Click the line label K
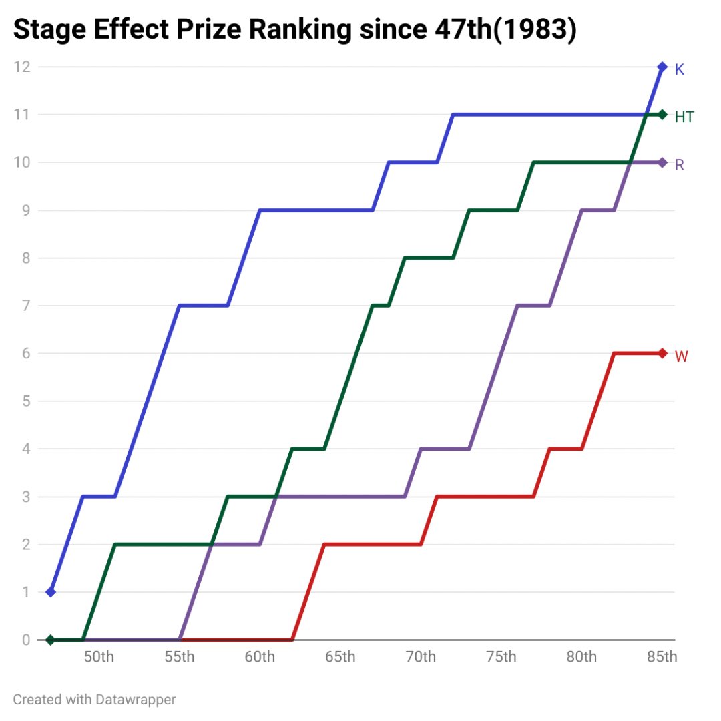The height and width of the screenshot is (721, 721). coord(679,69)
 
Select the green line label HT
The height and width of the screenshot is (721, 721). coord(684,117)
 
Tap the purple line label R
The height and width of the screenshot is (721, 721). coord(680,165)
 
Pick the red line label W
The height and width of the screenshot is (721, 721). coord(681,356)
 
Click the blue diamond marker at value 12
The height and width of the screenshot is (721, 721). coord(662,67)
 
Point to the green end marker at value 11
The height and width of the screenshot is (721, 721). coord(662,115)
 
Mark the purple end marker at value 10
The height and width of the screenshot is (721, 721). coord(662,162)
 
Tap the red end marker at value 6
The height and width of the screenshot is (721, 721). coord(662,353)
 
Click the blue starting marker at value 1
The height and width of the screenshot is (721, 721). coord(51,592)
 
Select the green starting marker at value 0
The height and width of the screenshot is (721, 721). coord(51,640)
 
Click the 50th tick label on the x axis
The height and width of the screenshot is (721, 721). coord(99,657)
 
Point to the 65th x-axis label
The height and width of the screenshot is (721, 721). coord(340,657)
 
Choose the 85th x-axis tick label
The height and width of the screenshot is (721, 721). coord(662,657)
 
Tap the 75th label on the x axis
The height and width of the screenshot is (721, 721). coord(501,657)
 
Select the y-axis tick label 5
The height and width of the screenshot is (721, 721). coord(26,401)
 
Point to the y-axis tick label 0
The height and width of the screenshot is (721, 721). coord(26,640)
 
